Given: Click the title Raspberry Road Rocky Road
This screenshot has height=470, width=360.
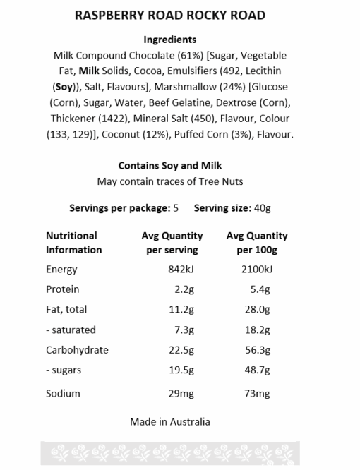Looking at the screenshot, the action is pos(169,16).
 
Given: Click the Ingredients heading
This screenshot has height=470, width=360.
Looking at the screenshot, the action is pos(169,40).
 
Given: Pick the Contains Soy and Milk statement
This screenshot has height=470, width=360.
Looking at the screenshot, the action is pos(169,166).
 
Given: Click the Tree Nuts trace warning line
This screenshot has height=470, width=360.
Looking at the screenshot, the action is pos(169,182).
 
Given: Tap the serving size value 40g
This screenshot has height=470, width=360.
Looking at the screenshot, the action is pos(262,208).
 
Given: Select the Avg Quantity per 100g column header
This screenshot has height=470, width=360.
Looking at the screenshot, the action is pos(256,242).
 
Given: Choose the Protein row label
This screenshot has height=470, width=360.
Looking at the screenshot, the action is pos(62,289).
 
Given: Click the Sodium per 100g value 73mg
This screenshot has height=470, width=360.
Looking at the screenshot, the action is pos(258,393).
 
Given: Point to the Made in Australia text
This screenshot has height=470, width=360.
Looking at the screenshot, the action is pos(169,422).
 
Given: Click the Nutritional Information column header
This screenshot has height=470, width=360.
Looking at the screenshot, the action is pos(73,242).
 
